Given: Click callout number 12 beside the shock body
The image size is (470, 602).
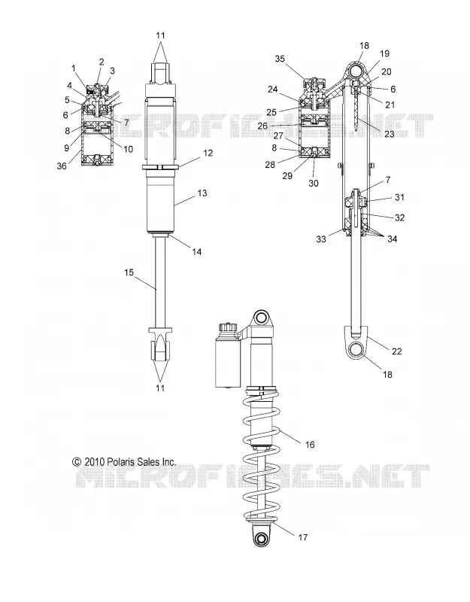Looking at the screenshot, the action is coord(208,153).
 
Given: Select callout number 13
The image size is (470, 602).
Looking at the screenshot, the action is coord(202,193).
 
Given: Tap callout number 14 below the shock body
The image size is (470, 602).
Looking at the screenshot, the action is coord(197,251).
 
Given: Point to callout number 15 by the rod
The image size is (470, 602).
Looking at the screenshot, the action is coord(129,272).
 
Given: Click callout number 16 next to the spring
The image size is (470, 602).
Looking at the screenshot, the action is coord(310,444).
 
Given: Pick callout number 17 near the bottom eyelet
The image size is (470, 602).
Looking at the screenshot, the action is coord(303,537).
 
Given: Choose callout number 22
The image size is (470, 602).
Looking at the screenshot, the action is coord(397,351).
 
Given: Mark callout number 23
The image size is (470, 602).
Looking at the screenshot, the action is coord(390,134).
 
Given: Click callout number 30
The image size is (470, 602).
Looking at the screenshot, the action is coord(314,183).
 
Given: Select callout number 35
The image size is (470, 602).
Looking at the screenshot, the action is coord(280,59).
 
